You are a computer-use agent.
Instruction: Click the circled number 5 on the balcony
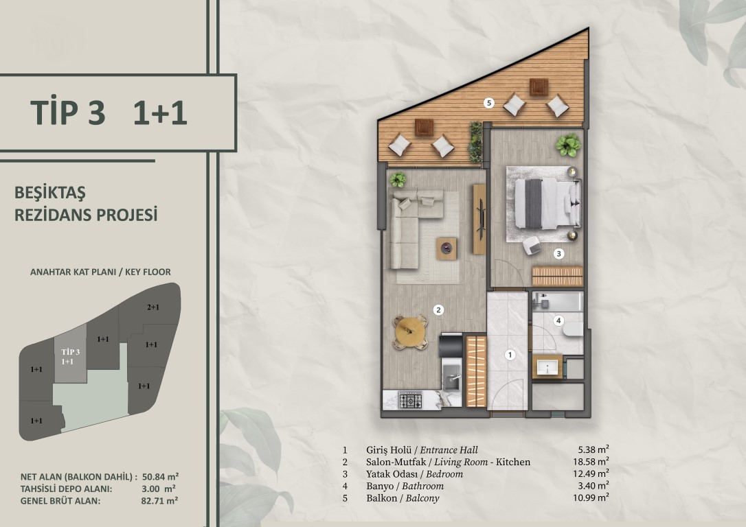tap(488, 102)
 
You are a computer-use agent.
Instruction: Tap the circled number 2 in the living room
tap(438, 310)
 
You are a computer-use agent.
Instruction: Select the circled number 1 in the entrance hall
tap(510, 355)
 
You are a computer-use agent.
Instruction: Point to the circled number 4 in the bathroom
tap(558, 320)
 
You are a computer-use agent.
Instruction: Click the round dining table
tap(409, 331)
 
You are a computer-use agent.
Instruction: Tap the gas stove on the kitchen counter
tap(410, 400)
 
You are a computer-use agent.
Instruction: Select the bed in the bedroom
tap(547, 203)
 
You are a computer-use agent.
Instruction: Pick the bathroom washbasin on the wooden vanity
tap(547, 367)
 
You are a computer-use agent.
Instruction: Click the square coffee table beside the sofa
tap(447, 248)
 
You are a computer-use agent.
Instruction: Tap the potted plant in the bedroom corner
tap(568, 145)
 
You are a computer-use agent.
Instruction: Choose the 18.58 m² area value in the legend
tap(591, 461)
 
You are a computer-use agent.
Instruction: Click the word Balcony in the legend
tap(422, 498)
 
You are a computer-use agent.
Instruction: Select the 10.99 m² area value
tap(591, 497)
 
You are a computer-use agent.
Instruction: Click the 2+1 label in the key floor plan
tap(152, 307)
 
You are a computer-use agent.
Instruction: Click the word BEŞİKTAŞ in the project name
tap(50, 193)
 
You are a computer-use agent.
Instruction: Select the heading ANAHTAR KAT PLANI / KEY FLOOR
tap(100, 272)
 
